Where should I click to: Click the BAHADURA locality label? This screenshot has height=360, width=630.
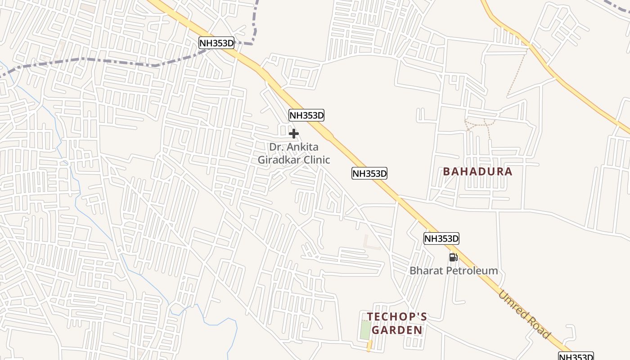[x=477, y=171]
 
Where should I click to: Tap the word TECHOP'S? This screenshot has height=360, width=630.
[x=396, y=317]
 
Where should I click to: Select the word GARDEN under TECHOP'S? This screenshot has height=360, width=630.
[x=397, y=330]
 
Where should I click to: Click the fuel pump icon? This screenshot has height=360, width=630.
[x=453, y=257]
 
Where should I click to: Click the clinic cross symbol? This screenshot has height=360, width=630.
[x=294, y=134]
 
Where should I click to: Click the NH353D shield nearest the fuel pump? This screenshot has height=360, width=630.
[x=441, y=238]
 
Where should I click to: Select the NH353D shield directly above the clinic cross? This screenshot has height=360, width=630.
[x=306, y=115]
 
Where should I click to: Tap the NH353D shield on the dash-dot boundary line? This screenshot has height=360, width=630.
[x=217, y=43]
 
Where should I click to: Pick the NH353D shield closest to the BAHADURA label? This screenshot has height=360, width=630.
[x=369, y=173]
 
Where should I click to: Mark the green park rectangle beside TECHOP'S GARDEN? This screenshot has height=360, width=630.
[x=365, y=330]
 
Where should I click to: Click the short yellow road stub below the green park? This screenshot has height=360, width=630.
[x=369, y=346]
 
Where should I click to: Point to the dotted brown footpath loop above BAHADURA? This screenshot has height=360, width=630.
[x=480, y=123]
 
